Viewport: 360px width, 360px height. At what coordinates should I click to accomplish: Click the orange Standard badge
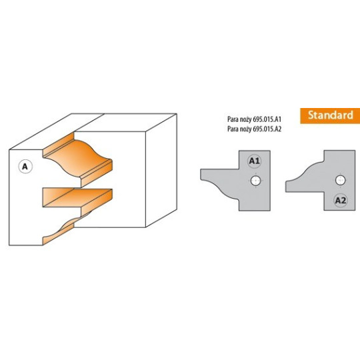point(330,116)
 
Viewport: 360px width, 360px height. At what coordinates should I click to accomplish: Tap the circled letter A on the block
point(25,166)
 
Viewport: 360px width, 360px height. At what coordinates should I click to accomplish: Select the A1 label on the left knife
point(255,161)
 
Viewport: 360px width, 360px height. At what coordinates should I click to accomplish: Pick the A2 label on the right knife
point(341,201)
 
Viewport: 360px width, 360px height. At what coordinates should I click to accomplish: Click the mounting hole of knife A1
point(255,181)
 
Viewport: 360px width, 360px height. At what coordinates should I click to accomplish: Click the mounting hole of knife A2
point(340,180)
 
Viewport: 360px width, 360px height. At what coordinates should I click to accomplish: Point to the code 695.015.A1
point(267,119)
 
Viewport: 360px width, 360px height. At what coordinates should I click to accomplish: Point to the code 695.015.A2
point(267,129)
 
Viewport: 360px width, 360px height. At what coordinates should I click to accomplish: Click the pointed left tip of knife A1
point(201,175)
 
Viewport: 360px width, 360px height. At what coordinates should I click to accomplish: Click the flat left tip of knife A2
point(286,186)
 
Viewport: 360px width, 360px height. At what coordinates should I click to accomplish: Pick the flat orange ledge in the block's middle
point(77,197)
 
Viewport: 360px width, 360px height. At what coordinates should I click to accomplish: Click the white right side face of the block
point(161,170)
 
